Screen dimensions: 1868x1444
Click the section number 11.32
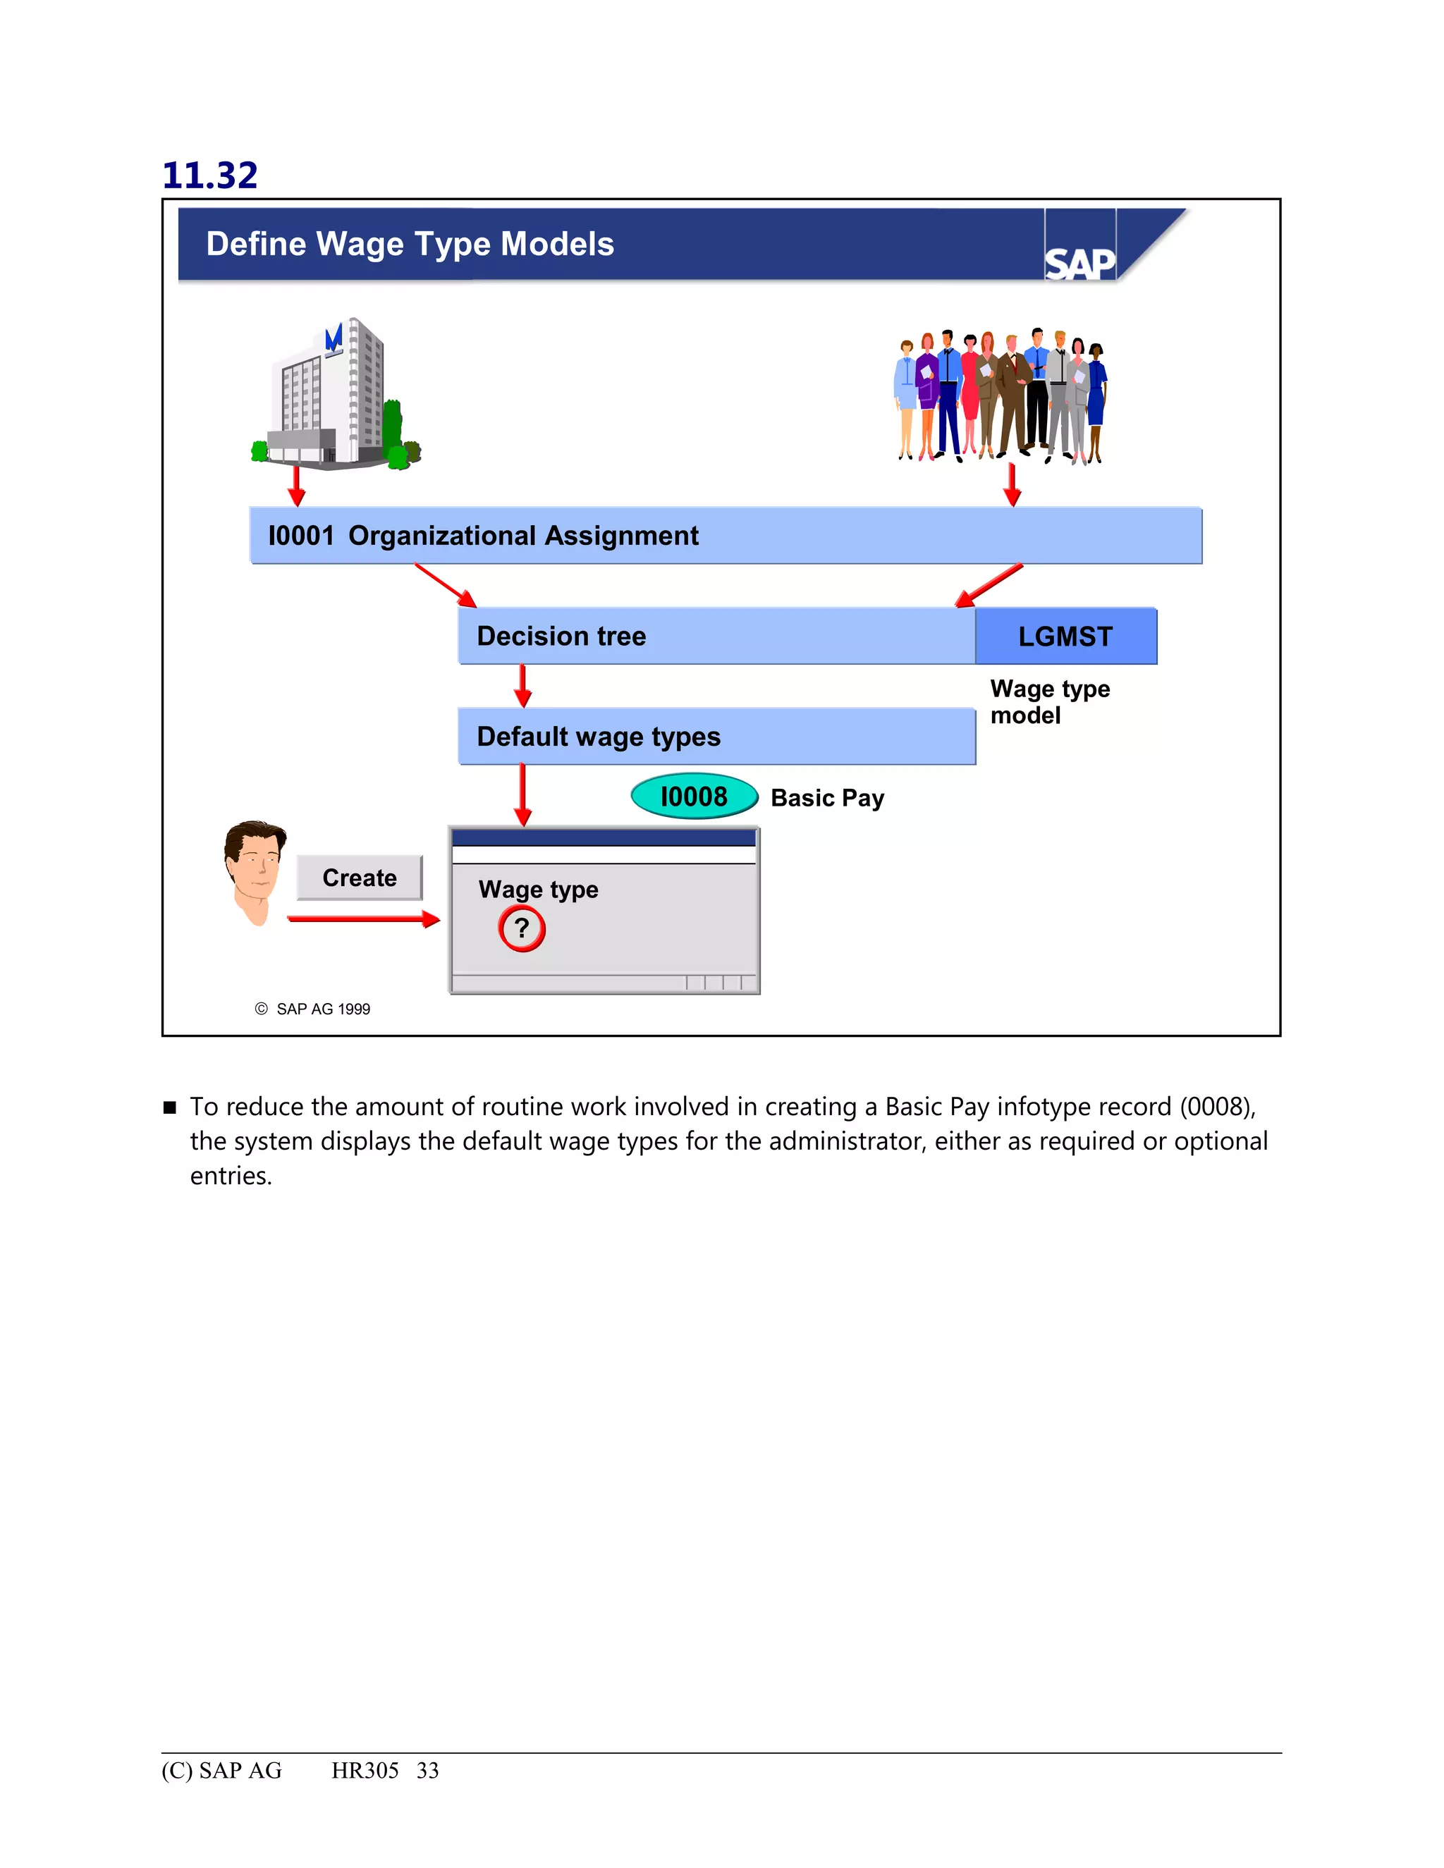(x=209, y=176)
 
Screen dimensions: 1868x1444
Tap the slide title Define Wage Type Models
(x=410, y=244)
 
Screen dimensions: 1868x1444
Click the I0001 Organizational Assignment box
(x=725, y=536)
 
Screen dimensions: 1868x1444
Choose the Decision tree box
(x=716, y=637)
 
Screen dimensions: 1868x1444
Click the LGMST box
(x=1065, y=637)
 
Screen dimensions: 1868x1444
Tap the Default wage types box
(x=716, y=737)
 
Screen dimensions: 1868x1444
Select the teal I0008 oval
(x=694, y=797)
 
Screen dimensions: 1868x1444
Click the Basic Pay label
(x=827, y=798)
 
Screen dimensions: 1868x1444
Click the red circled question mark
(x=522, y=928)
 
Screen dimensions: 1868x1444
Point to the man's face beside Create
(x=255, y=869)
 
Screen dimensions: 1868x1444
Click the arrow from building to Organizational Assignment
(x=297, y=485)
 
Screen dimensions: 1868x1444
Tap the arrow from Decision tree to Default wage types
(x=522, y=686)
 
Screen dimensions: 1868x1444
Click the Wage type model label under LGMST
(x=1050, y=701)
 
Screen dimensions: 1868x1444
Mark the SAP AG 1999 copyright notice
(x=313, y=1009)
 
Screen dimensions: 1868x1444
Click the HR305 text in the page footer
(x=365, y=1771)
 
